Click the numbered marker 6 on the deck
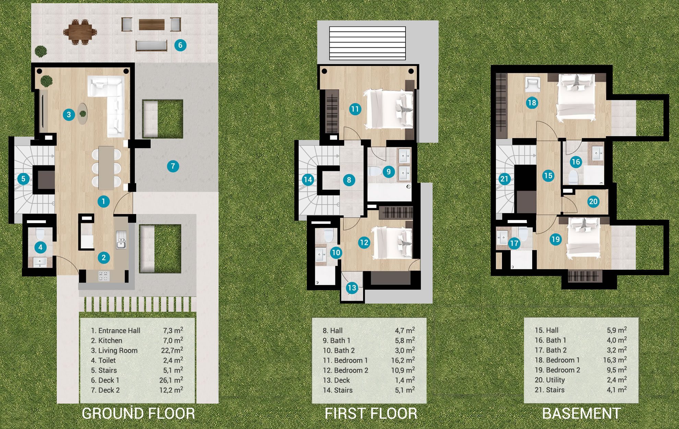(x=180, y=45)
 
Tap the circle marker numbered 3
(x=69, y=114)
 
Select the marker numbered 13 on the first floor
(x=352, y=288)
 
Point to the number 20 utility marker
(x=593, y=201)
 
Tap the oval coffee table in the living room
(x=82, y=113)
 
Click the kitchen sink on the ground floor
(x=121, y=239)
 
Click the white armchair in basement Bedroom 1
(x=532, y=84)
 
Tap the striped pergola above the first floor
(x=367, y=43)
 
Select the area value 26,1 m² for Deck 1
(x=171, y=380)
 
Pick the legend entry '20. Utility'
(x=550, y=380)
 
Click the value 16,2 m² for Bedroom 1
(x=403, y=360)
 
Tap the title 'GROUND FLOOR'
(x=138, y=413)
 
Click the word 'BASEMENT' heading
(x=581, y=413)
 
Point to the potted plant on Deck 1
(x=41, y=51)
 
